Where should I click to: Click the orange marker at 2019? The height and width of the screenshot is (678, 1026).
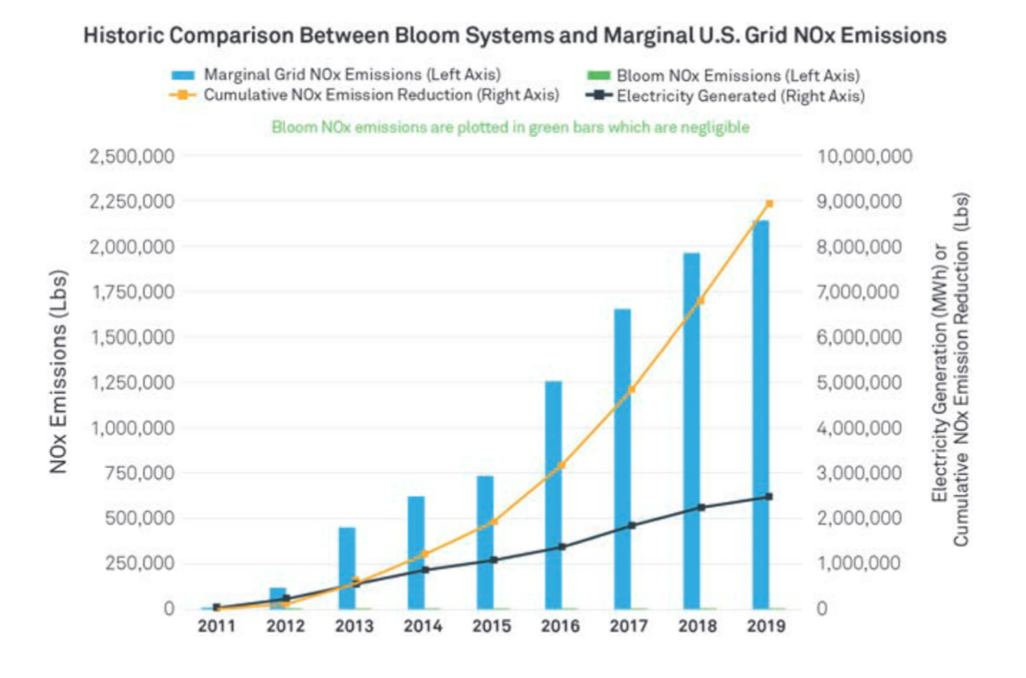tap(769, 203)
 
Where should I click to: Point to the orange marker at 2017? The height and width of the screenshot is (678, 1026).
tap(632, 388)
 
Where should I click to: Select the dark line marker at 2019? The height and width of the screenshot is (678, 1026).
tap(769, 496)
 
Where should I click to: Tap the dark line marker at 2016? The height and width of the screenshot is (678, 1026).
tap(563, 546)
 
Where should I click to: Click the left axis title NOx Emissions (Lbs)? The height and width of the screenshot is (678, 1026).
tap(59, 370)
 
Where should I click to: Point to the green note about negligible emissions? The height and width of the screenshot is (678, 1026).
tap(510, 127)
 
